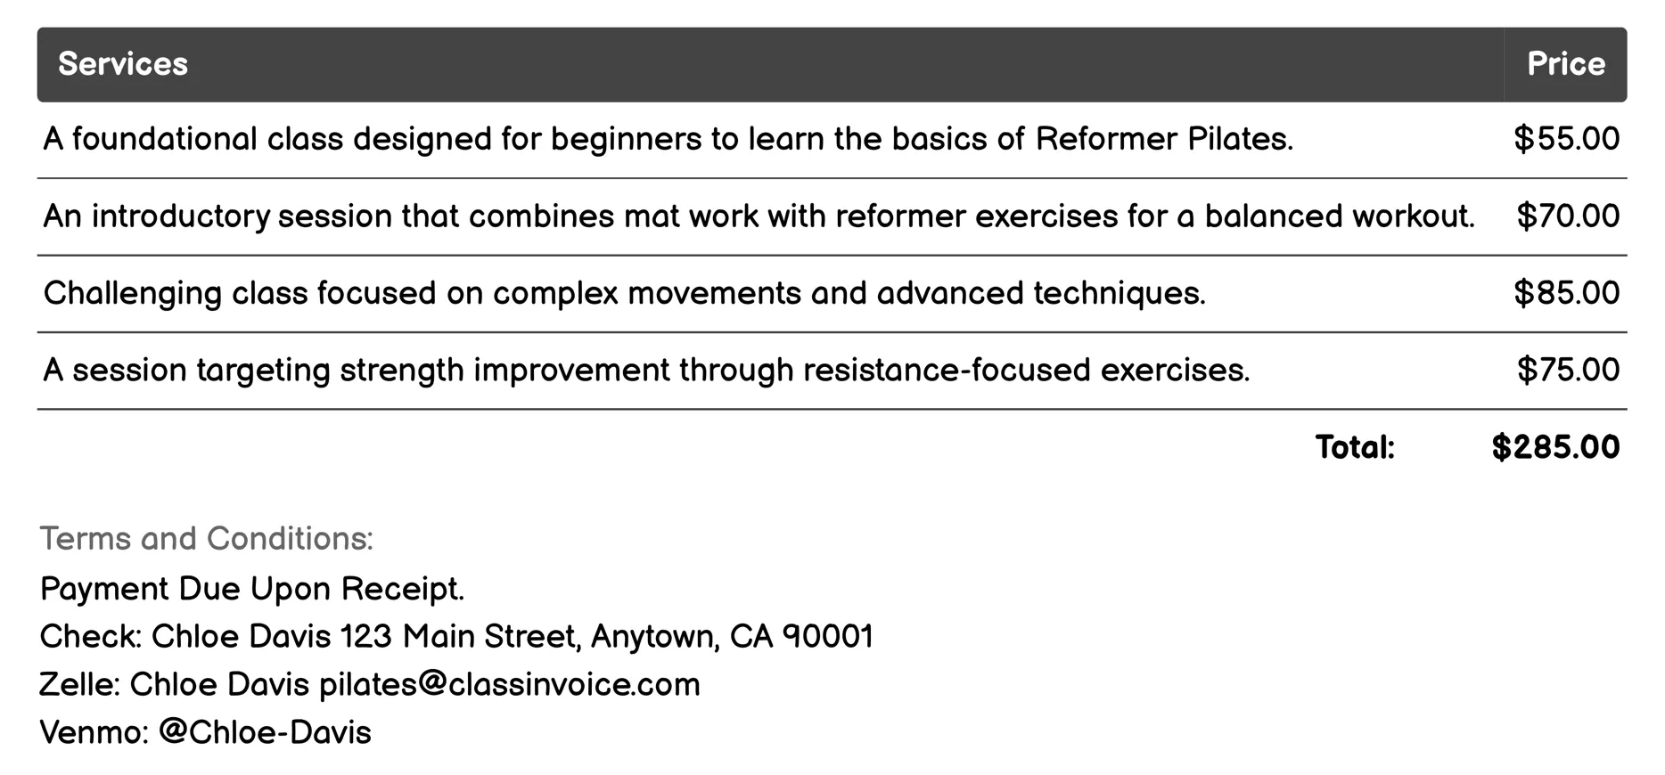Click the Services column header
(123, 64)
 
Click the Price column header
(1565, 64)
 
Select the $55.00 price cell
(1566, 139)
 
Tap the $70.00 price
(1568, 216)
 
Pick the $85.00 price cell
(1566, 293)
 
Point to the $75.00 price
(1568, 370)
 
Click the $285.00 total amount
(1555, 447)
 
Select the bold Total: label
(1355, 447)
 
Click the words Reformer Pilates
(1163, 139)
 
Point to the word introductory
(181, 216)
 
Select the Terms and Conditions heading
(207, 539)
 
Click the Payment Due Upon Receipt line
(252, 589)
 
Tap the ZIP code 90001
(828, 637)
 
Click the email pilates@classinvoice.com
(509, 685)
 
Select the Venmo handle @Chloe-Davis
(265, 732)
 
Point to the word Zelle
(78, 685)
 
